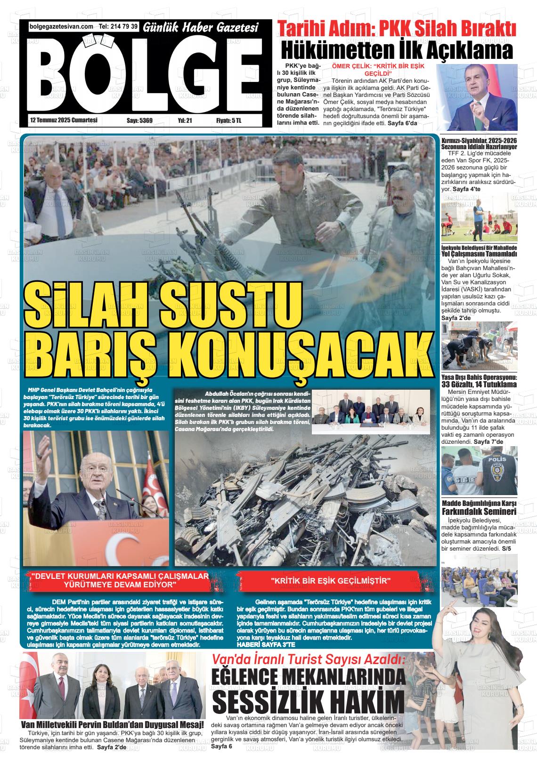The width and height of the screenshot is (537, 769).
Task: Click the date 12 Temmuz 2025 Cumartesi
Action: click(x=63, y=120)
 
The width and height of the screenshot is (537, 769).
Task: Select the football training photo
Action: click(x=479, y=218)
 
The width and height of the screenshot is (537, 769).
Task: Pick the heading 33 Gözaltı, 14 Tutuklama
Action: click(x=479, y=384)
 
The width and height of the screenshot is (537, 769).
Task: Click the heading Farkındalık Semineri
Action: click(x=479, y=512)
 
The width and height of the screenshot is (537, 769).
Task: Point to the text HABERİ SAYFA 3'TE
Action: click(x=266, y=644)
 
